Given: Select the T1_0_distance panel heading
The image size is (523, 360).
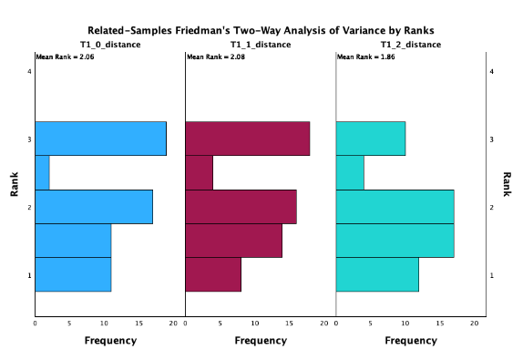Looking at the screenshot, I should (x=109, y=45).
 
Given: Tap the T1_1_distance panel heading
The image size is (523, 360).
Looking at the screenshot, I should (x=260, y=45).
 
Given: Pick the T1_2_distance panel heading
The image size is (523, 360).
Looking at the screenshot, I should (x=411, y=45).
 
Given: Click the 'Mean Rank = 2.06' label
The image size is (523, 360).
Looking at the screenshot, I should (x=64, y=57).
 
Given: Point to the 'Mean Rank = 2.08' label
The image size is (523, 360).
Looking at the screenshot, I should (x=214, y=57).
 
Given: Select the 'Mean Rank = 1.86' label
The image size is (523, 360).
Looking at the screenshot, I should (x=365, y=57).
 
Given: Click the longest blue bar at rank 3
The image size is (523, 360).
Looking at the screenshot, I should (x=100, y=139).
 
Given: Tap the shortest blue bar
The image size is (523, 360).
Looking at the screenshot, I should (x=42, y=172).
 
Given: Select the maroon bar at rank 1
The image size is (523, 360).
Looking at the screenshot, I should (x=213, y=274).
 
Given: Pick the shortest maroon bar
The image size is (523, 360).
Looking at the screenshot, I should (x=199, y=172).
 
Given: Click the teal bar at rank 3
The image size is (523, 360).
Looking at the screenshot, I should (x=371, y=139).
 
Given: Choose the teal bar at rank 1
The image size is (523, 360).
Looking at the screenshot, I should (x=377, y=274).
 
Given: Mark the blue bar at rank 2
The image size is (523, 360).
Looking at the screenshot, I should (x=94, y=207).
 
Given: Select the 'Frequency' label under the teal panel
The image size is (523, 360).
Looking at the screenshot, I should (x=411, y=341).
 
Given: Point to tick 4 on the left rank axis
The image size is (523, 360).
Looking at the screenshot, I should (x=30, y=71).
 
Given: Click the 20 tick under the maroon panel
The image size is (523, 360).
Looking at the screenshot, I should (x=323, y=324).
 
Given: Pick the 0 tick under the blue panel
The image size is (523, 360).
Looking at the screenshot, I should (x=35, y=324).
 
